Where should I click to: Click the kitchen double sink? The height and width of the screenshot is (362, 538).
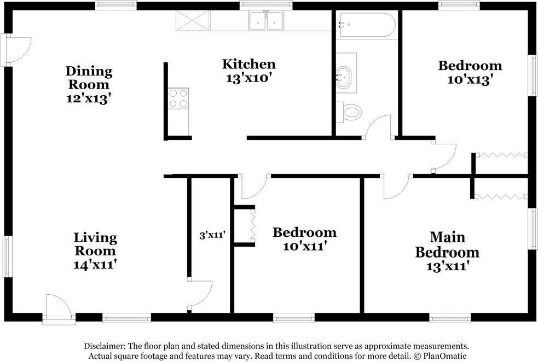266,21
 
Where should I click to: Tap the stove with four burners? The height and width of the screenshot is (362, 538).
178,99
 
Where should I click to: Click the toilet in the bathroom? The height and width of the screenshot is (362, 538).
349,112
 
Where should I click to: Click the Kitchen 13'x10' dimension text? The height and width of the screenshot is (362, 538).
249,78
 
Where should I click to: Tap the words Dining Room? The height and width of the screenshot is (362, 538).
89,78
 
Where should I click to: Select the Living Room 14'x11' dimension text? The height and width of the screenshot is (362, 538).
95,264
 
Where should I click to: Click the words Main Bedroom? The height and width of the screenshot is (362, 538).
447,245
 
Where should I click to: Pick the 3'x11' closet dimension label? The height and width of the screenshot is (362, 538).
212,235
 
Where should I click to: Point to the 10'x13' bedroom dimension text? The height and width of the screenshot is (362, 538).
470,79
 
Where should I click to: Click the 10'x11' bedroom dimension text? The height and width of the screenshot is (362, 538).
304,246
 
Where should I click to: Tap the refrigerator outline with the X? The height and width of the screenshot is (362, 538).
193,21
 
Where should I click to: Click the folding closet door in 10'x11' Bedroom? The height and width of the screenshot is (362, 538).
253,225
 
